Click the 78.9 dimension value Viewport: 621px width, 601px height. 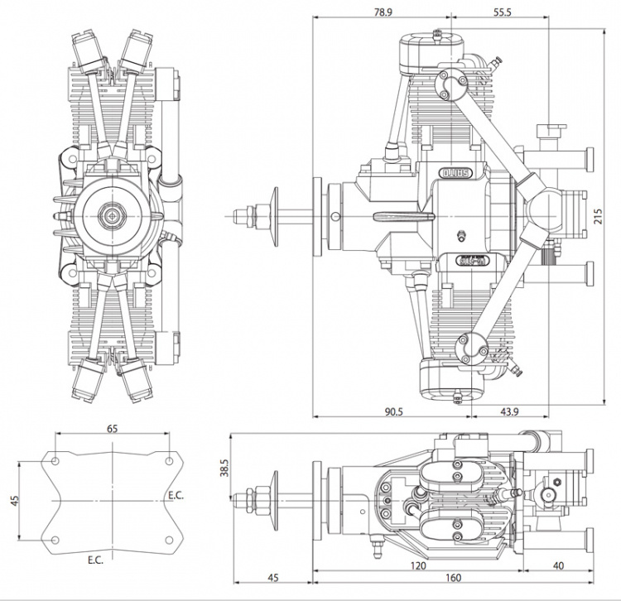383,13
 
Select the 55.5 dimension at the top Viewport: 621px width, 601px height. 503,13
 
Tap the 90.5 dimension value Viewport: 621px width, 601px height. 383,412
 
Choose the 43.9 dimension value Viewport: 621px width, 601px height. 509,412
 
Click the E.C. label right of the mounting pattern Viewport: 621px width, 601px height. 176,495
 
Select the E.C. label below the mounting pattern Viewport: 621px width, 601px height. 97,560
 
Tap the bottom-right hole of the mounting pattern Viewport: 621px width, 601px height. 169,540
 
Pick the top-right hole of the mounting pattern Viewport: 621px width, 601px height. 169,460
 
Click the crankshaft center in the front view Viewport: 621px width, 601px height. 110,215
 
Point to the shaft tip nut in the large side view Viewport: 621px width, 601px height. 242,215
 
